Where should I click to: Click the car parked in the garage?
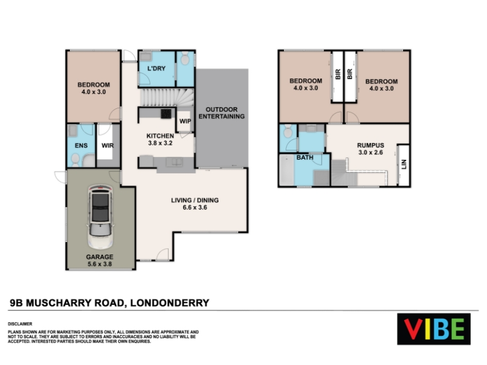coord(100,217)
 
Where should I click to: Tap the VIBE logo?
coord(433,329)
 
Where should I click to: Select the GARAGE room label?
coord(100,257)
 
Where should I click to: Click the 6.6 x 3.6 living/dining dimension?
coord(195,207)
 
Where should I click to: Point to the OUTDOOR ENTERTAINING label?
coord(222,113)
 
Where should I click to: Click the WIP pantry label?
coord(185,121)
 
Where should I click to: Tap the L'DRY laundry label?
coord(156,68)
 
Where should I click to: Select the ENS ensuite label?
coord(81,145)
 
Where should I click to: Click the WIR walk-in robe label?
coord(108,145)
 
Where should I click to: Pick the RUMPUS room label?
coord(371,145)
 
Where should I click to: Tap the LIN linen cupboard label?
coord(404,164)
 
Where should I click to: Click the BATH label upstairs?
coord(305,158)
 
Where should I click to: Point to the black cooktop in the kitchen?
coord(166,114)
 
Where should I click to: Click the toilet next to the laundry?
coord(185,58)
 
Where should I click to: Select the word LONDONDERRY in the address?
coord(170,302)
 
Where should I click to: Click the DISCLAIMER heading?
coord(20,324)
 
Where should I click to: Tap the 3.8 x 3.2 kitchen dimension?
coord(160,143)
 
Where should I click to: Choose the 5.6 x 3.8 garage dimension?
coord(100,264)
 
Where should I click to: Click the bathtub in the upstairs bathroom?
coord(287,170)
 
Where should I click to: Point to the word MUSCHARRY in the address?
coord(75,302)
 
